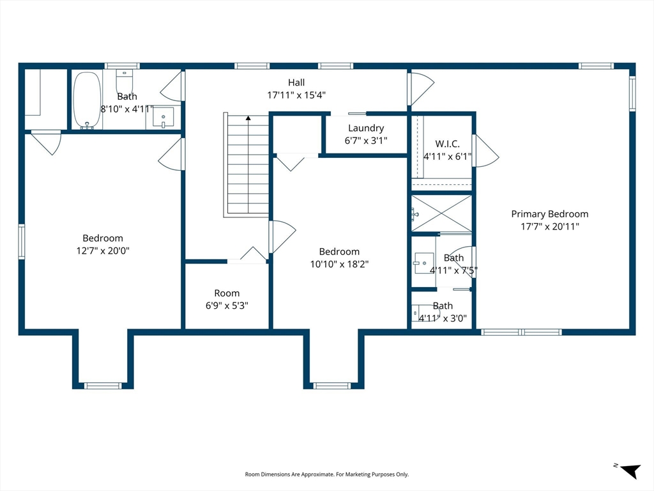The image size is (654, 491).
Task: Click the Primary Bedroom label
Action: tap(550, 214)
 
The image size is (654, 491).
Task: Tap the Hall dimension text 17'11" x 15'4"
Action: tap(296, 95)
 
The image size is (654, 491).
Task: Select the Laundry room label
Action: tap(366, 128)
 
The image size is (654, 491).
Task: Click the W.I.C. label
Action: tap(447, 144)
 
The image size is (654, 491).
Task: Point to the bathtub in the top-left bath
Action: tap(87, 100)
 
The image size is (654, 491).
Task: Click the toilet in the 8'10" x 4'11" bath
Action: tap(125, 81)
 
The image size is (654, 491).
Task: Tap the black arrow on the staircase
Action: tap(248, 118)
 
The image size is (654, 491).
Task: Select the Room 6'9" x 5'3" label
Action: tap(227, 293)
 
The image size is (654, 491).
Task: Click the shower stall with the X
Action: tap(441, 214)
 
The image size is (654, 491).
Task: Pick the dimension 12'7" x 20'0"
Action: tap(103, 251)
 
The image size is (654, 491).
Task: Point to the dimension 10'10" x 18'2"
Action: tap(339, 264)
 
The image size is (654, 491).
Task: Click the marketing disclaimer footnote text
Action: tap(326, 474)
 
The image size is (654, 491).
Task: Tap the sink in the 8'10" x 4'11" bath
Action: tap(163, 118)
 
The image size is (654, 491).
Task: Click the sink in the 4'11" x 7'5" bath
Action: tap(424, 263)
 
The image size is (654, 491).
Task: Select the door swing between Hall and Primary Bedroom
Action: tap(421, 89)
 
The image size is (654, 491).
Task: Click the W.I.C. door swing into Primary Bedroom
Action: tap(485, 151)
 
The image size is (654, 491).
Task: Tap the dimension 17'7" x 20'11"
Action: tap(550, 227)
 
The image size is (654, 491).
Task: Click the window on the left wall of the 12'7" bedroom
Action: tap(21, 242)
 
